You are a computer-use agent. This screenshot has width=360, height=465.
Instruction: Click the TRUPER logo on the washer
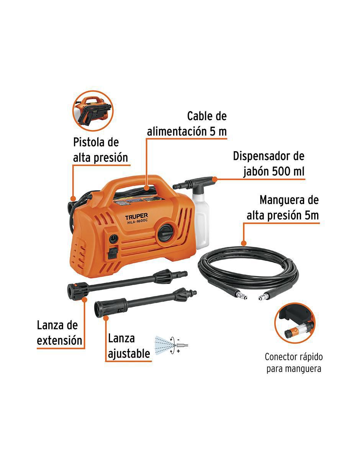pyautogui.click(x=136, y=217)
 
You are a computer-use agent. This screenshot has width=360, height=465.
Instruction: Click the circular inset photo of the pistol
pyautogui.click(x=93, y=111)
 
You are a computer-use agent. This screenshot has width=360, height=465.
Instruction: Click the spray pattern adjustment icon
pyautogui.click(x=171, y=345)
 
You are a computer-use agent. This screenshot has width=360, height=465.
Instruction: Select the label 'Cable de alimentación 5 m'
pyautogui.click(x=187, y=124)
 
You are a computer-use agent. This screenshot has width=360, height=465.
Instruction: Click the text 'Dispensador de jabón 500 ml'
pyautogui.click(x=268, y=164)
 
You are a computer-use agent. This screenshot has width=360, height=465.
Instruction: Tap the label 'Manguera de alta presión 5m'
pyautogui.click(x=283, y=208)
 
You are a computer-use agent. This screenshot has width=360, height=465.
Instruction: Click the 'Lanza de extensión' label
pyautogui.click(x=59, y=333)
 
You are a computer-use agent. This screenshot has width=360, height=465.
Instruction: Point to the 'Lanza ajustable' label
pyautogui.click(x=129, y=346)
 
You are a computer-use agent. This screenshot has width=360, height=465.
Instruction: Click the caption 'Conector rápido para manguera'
pyautogui.click(x=294, y=363)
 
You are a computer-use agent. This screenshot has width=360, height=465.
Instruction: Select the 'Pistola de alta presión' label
pyautogui.click(x=100, y=150)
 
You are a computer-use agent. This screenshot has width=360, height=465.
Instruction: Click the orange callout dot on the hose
pyautogui.click(x=244, y=243)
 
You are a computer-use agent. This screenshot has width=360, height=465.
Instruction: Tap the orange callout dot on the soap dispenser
pyautogui.click(x=214, y=179)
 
